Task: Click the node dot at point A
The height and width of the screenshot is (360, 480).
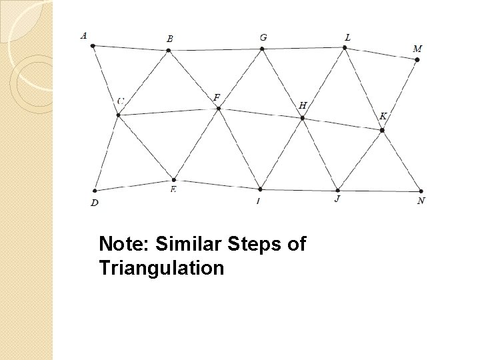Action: pyautogui.click(x=93, y=46)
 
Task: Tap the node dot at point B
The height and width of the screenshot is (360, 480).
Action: pyautogui.click(x=169, y=50)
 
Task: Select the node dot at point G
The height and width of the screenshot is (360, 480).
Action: pyautogui.click(x=263, y=48)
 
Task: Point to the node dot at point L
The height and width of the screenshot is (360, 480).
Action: pyautogui.click(x=345, y=47)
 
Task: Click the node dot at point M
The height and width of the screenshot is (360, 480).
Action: pyautogui.click(x=417, y=59)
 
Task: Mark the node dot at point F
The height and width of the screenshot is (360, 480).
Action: pyautogui.click(x=218, y=109)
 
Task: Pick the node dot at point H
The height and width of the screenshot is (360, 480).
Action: pyautogui.click(x=303, y=118)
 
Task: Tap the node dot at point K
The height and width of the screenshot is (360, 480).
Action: pyautogui.click(x=382, y=130)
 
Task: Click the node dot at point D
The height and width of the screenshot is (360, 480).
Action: pyautogui.click(x=96, y=191)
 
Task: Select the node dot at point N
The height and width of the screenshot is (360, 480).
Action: pyautogui.click(x=421, y=191)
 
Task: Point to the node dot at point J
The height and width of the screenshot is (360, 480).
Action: pyautogui.click(x=338, y=191)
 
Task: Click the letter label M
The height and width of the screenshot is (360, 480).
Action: pyautogui.click(x=418, y=49)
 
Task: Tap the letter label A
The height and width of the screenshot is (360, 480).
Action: pyautogui.click(x=83, y=35)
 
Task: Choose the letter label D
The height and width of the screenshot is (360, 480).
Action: pyautogui.click(x=95, y=203)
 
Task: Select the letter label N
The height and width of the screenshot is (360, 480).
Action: pyautogui.click(x=421, y=201)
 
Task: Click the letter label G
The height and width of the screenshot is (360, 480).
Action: pyautogui.click(x=263, y=37)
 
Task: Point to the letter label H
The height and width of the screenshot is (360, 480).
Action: pyautogui.click(x=303, y=105)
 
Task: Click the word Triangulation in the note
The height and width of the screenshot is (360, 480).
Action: pyautogui.click(x=161, y=269)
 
